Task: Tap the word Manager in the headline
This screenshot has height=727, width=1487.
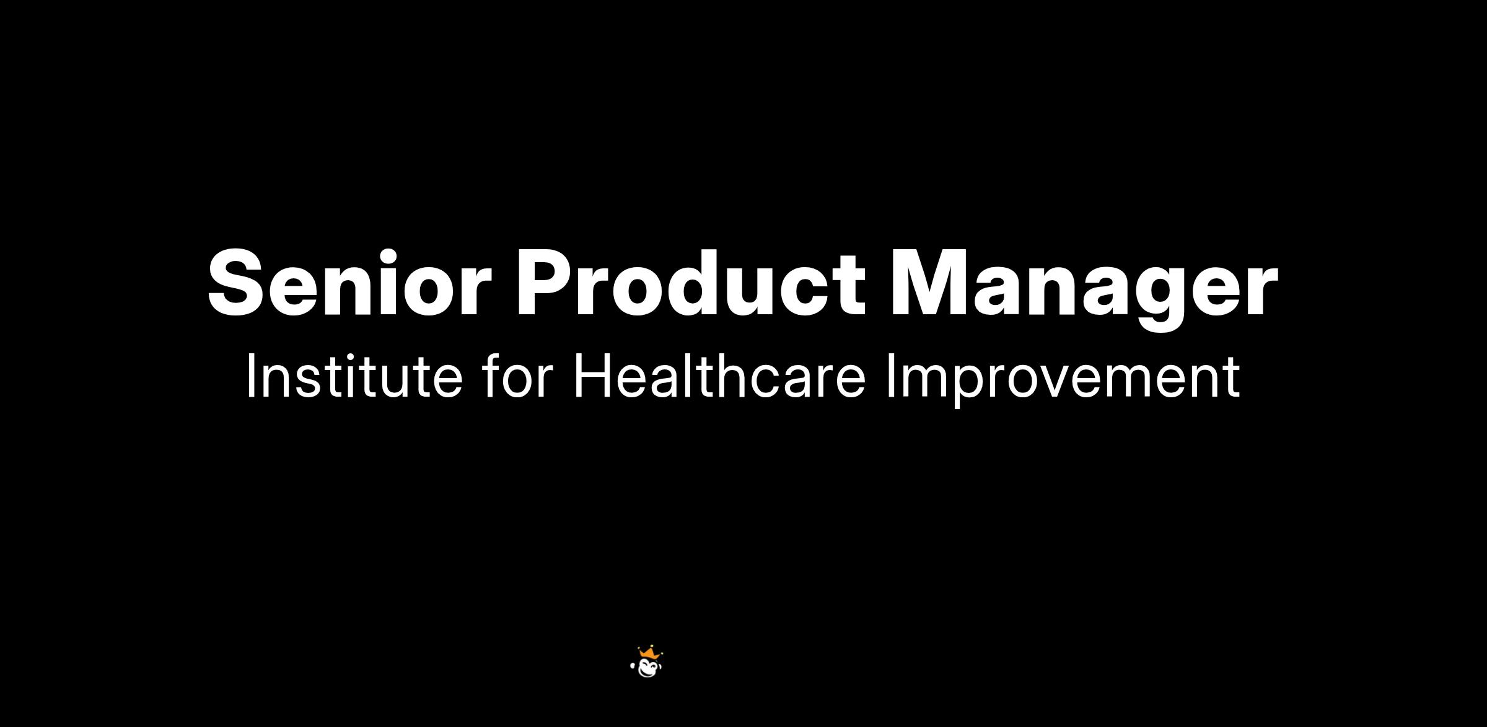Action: click(x=1084, y=289)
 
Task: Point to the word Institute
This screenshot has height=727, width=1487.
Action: click(x=354, y=376)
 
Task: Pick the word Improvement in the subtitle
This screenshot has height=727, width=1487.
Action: click(x=1063, y=381)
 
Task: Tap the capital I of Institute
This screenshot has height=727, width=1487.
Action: click(x=250, y=376)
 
